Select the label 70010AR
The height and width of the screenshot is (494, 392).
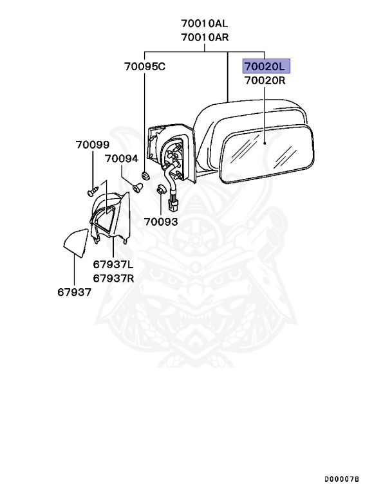205,37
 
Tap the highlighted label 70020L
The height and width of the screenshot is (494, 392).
266,66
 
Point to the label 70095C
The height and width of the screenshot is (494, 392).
145,66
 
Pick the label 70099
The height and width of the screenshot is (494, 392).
92,145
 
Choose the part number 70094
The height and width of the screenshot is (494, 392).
122,158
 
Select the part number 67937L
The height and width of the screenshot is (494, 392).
113,264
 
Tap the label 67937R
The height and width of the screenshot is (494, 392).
113,278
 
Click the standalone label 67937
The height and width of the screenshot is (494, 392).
73,291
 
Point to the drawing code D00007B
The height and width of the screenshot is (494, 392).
342,479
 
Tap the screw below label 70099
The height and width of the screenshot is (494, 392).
92,190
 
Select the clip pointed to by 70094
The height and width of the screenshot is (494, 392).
137,187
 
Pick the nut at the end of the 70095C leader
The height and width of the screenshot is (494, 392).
145,175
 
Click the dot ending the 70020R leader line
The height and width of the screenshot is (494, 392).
266,145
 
